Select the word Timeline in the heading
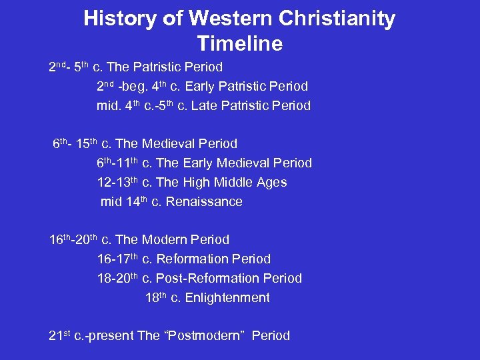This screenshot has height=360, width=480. coord(239,44)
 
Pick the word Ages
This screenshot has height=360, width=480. coord(271,182)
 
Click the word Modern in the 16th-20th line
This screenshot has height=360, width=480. coord(165,239)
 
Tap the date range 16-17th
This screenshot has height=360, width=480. coord(117,259)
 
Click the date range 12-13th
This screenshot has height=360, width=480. coord(117,182)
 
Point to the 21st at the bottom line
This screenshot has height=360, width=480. coord(59,335)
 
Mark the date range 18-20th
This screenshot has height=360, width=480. coord(117,278)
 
